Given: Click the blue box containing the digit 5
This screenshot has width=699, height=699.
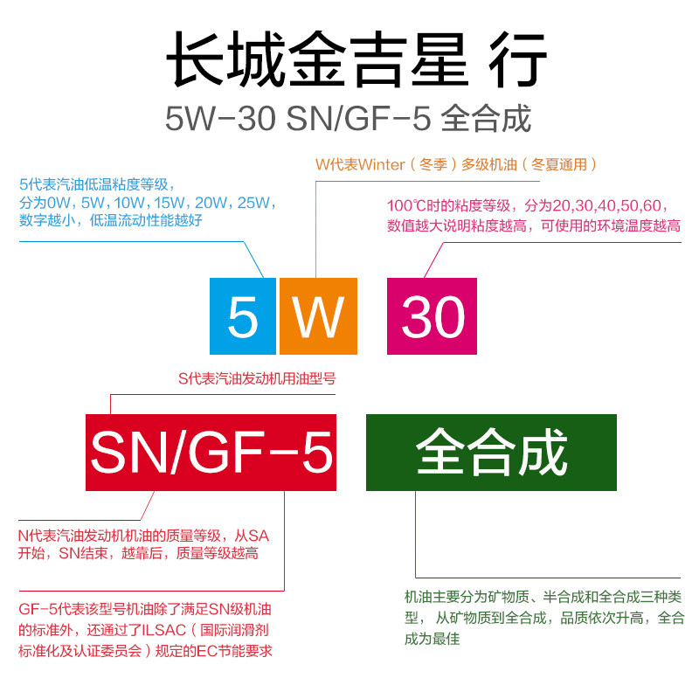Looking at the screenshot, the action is pos(243,316).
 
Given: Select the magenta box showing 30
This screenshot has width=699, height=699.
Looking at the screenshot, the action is pos(433,316).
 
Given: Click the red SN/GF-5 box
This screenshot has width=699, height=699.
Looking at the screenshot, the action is pos(211,453).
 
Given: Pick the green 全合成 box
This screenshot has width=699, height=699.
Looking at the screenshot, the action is pos(491,453).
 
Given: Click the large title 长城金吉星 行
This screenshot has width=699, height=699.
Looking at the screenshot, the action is pos(356,60).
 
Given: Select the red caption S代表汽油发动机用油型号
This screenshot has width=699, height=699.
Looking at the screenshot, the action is pos(257,379).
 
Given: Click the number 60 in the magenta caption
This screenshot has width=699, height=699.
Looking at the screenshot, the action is pos(656,207).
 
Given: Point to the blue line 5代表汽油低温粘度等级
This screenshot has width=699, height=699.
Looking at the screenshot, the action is pos(97,184).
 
